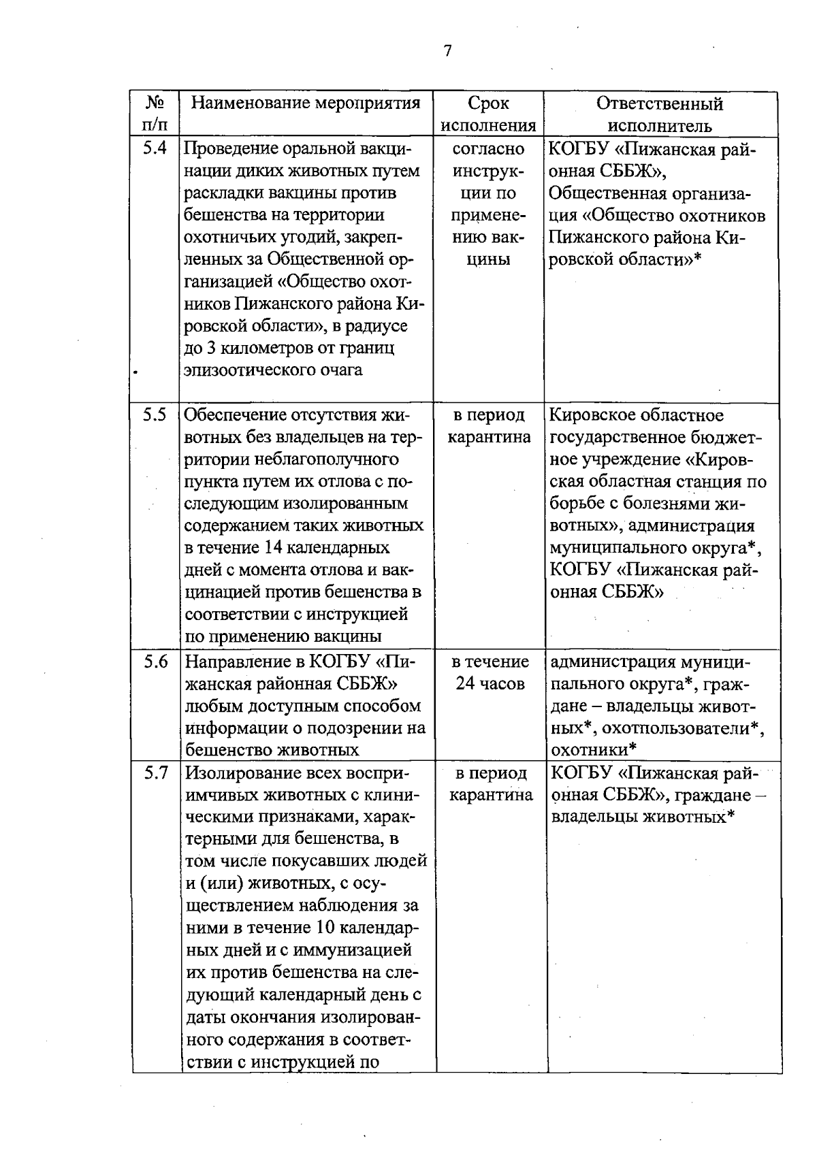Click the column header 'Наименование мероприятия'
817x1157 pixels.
[306, 103]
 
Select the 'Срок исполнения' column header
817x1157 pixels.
[489, 114]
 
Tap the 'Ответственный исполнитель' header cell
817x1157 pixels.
[660, 114]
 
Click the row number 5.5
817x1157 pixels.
[155, 415]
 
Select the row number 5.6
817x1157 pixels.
[156, 662]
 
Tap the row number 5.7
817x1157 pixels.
[156, 773]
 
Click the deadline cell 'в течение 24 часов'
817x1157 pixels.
[490, 672]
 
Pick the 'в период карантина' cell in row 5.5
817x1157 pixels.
[489, 426]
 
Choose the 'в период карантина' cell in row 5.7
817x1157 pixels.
[491, 784]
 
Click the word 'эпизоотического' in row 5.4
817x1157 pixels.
[251, 371]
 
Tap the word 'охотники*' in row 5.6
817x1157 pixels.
[594, 750]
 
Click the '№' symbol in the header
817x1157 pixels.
[155, 103]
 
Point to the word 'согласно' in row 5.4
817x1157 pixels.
[489, 148]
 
